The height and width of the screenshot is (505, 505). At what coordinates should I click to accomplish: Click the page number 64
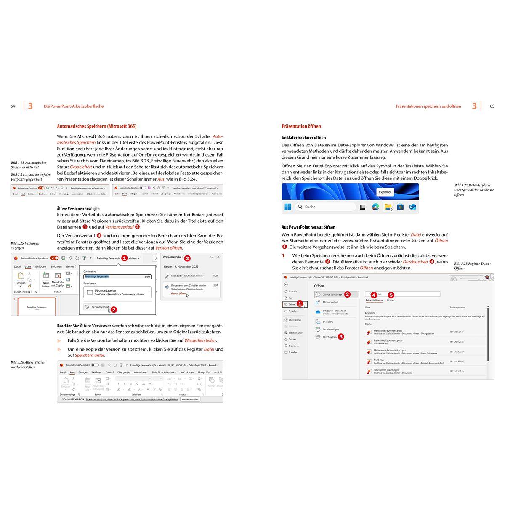click(13, 106)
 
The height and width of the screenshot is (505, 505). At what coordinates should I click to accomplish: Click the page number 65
click(492, 106)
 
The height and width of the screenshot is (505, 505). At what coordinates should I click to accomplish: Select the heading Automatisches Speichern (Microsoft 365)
click(96, 126)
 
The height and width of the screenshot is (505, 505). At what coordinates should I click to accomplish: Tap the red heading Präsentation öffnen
click(301, 126)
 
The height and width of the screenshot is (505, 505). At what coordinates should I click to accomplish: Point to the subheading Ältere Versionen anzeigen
click(78, 208)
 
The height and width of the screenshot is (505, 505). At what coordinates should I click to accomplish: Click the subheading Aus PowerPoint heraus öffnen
click(308, 227)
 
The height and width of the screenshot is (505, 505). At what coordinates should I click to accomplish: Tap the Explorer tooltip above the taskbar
click(385, 192)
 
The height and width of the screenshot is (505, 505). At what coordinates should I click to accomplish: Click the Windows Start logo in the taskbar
click(288, 207)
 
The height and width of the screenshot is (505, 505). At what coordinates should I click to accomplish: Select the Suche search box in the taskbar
click(325, 207)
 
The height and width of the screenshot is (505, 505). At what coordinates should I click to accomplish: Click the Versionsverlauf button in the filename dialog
click(97, 307)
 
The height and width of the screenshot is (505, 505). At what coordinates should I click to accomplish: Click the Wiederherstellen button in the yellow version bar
click(190, 399)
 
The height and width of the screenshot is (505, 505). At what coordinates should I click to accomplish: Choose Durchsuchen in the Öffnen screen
click(329, 337)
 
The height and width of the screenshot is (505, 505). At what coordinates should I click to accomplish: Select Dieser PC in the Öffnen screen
click(328, 322)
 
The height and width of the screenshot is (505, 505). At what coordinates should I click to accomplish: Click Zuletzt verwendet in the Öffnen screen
click(332, 295)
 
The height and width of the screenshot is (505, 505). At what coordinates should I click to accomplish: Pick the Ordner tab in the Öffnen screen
click(391, 300)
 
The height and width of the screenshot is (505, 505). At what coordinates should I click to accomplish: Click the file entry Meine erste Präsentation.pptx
click(389, 351)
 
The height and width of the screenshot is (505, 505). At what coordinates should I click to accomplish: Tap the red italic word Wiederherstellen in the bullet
click(200, 340)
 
